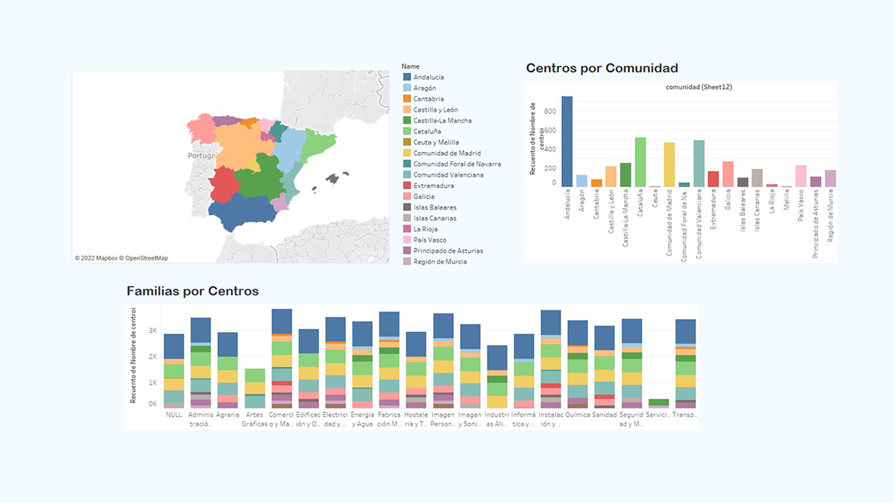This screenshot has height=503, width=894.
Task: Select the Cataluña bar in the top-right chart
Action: coord(640,162)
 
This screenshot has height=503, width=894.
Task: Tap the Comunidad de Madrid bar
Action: coord(669,165)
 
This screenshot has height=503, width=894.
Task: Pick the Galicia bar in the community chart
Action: coord(728,174)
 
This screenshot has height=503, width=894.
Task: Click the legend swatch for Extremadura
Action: coord(407,186)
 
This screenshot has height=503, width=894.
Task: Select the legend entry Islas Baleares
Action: coord(434,207)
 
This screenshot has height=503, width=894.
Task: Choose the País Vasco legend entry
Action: coord(429,240)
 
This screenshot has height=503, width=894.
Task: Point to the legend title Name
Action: coord(410,66)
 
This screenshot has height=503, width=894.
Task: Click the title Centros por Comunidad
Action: coord(602,68)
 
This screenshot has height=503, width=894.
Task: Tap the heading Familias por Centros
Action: coord(192,291)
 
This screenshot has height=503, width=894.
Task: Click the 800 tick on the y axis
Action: coord(550,111)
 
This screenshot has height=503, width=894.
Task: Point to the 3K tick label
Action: coord(153,331)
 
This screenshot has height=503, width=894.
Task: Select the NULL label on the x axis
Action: coord(174,414)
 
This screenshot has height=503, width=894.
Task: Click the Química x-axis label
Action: coord(577,414)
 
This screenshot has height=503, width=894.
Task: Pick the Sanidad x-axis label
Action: coord(604,414)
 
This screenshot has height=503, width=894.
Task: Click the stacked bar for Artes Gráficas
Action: coord(255,388)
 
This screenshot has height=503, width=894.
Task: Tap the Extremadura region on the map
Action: coord(223,185)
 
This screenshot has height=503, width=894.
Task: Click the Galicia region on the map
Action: coord(200,129)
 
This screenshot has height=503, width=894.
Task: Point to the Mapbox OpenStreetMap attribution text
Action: coord(121,259)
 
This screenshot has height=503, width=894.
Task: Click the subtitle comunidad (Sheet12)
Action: coord(699,87)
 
